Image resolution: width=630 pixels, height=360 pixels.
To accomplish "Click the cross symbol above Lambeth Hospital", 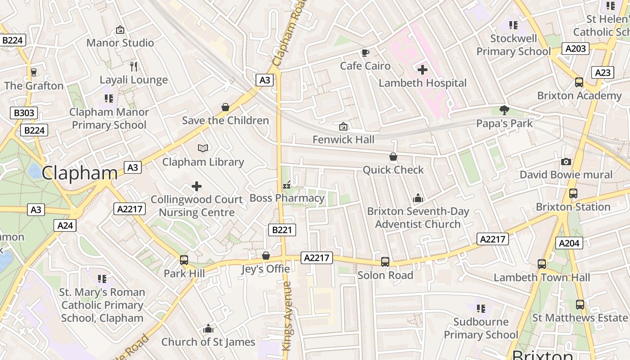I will pos(423,70).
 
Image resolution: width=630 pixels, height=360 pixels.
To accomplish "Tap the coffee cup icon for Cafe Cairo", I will pos(365,53).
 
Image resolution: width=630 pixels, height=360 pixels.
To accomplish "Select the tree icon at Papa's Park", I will pos(504,110).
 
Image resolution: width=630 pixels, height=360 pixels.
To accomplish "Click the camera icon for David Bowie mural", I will pos(566,162).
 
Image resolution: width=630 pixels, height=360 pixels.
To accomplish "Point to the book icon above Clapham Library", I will pos(203,148).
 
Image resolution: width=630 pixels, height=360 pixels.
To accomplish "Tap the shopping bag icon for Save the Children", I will pos(225,107).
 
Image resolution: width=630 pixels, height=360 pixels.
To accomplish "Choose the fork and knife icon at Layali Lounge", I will pos(133,67).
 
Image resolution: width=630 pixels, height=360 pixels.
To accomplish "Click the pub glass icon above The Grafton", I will pos(33,72).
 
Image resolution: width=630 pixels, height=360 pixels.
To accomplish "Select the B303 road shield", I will pos(24,112).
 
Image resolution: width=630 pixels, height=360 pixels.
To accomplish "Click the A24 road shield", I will pos(65,225).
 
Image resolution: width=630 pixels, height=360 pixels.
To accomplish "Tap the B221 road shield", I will pos(282,229).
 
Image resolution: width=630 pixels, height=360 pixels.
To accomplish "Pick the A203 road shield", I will pos(576,49).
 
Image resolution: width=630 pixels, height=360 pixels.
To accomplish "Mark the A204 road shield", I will pos(569,243).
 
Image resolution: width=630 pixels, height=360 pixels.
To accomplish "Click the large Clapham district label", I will pos(80,173).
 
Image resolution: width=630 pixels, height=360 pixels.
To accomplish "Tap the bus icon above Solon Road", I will pos(385,262).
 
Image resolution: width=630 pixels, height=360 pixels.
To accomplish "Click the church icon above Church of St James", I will pos(208,329).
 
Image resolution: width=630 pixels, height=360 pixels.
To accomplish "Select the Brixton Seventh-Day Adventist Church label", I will pos(418,218).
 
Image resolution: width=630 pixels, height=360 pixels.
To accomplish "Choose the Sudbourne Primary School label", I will pos(481,328).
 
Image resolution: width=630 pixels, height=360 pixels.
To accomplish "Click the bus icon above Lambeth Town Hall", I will pos(542,264).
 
